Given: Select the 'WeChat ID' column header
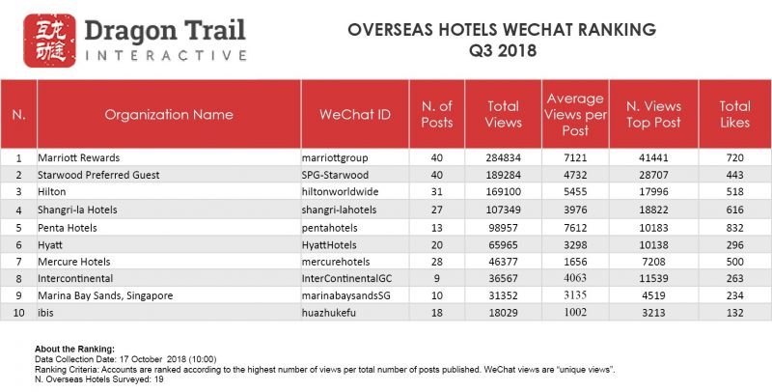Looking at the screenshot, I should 354,115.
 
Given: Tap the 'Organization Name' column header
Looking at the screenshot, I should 169,115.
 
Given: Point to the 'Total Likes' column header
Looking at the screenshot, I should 735,115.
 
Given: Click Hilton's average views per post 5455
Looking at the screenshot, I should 575,191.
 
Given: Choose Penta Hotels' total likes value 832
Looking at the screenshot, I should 735,227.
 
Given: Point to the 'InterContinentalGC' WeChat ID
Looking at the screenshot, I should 348,279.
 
